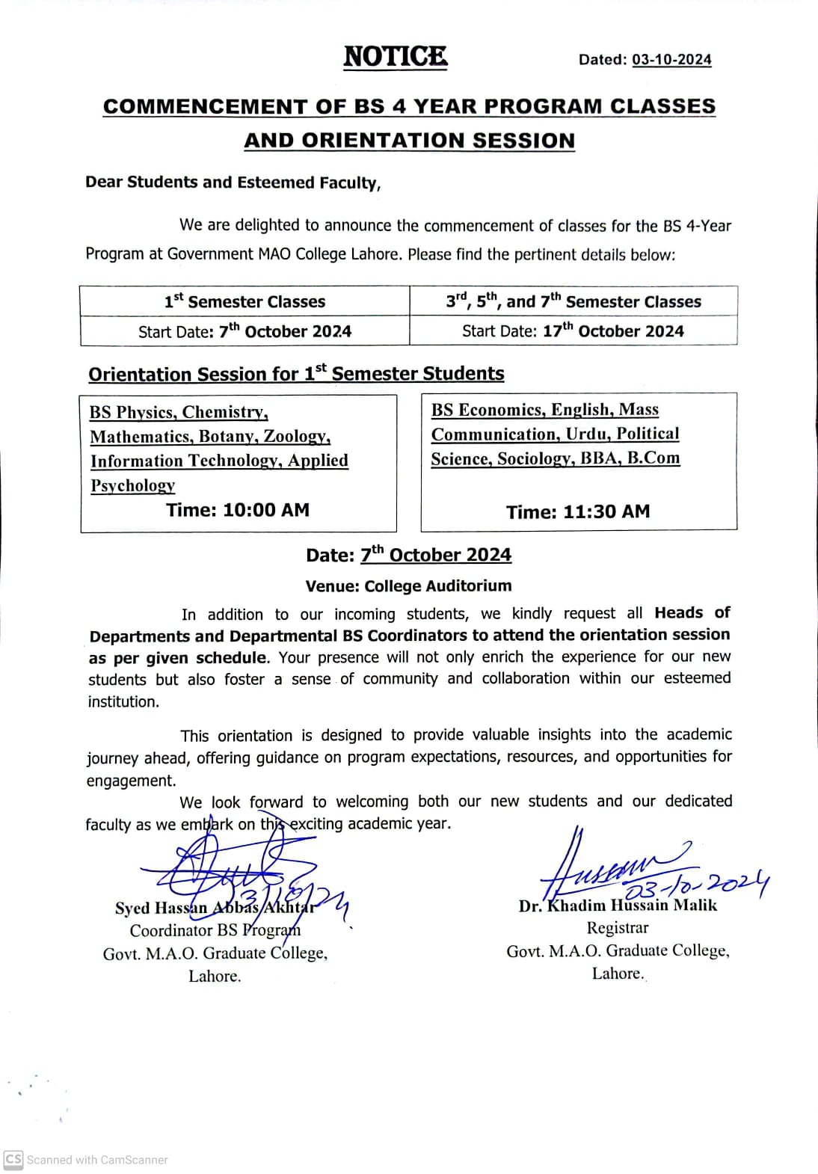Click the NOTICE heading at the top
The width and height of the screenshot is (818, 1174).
point(396,57)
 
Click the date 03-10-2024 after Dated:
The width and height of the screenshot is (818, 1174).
point(671,60)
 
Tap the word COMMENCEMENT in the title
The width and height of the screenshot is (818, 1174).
point(205,107)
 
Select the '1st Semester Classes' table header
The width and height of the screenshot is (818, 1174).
point(245,301)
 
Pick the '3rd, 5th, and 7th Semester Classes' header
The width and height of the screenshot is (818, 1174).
point(573,301)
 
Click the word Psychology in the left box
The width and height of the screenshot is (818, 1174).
point(133,485)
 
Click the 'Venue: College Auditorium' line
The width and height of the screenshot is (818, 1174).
point(408,586)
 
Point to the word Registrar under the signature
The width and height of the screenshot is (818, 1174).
point(618,928)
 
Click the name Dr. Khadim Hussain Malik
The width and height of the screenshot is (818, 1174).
point(618,906)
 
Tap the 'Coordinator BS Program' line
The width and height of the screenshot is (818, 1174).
point(215,930)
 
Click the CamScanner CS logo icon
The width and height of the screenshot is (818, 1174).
point(13,1159)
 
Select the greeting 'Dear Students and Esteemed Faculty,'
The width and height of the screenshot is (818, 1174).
point(233,182)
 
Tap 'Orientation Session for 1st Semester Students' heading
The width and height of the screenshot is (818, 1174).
point(296,374)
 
